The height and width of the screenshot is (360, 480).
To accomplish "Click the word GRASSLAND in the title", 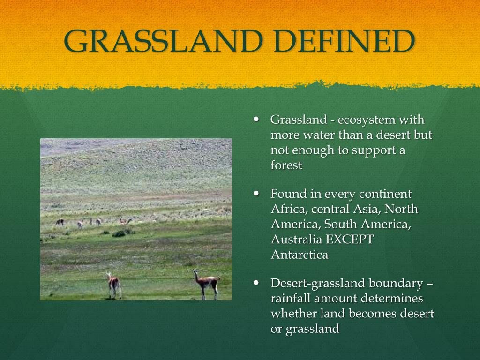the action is pyautogui.click(x=163, y=41).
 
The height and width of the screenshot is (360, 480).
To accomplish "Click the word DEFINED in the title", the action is pyautogui.click(x=345, y=41).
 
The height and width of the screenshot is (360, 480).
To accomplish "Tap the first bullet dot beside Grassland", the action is pyautogui.click(x=256, y=119).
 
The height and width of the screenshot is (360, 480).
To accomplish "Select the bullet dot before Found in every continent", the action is pyautogui.click(x=256, y=193).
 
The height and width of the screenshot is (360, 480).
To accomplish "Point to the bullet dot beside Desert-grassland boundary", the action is pyautogui.click(x=256, y=283).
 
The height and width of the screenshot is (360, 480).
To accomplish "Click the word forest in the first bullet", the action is pyautogui.click(x=286, y=165).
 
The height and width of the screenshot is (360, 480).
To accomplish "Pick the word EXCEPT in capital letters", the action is pyautogui.click(x=350, y=239).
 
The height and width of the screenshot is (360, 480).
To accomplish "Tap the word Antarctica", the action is pyautogui.click(x=300, y=255).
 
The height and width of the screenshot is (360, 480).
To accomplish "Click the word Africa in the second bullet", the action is pyautogui.click(x=289, y=209).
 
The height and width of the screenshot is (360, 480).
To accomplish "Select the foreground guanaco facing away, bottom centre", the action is pyautogui.click(x=114, y=285).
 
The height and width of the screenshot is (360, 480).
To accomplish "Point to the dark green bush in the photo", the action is pyautogui.click(x=119, y=234).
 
